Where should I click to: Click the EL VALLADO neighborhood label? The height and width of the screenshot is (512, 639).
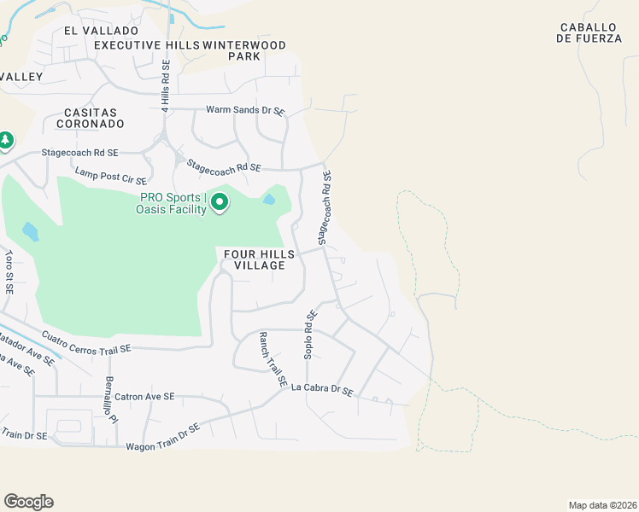click(94, 30)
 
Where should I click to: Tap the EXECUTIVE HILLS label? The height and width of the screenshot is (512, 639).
click(147, 44)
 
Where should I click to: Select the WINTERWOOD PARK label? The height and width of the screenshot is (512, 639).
click(244, 50)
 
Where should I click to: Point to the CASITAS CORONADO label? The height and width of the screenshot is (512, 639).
click(95, 118)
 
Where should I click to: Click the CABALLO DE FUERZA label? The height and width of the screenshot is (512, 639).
click(589, 32)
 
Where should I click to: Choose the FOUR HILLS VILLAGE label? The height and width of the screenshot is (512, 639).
click(260, 259)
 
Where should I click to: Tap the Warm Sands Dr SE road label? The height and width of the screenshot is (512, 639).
click(245, 110)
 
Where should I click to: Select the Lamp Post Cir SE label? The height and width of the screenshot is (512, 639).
click(111, 176)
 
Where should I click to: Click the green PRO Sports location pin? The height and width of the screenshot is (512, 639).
click(220, 202)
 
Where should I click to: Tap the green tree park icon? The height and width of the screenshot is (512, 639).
click(6, 139)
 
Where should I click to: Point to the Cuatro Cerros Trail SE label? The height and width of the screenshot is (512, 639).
click(86, 341)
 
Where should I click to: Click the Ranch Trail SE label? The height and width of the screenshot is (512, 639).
click(273, 360)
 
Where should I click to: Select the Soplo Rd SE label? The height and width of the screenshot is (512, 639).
click(310, 334)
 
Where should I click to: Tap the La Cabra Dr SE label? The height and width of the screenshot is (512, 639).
click(322, 389)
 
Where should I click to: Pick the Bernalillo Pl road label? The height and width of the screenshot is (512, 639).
click(109, 395)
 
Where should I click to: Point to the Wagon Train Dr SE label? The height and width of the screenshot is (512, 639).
click(162, 437)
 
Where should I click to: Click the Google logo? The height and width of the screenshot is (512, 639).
click(28, 502)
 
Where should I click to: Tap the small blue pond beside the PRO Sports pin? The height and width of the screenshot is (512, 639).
click(270, 200)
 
